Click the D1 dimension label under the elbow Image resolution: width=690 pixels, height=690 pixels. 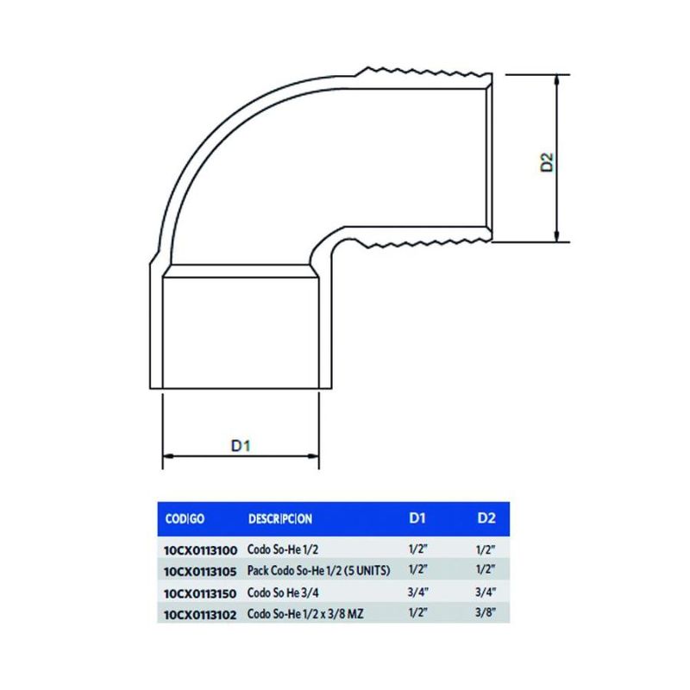[x=241, y=445]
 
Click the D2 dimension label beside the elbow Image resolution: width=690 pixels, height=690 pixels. [x=547, y=162]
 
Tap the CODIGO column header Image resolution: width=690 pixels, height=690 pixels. [x=185, y=519]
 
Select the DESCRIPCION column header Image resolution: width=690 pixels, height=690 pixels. [x=280, y=519]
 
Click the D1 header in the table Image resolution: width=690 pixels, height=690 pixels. [x=417, y=518]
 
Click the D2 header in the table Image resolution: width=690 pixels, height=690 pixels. [x=486, y=518]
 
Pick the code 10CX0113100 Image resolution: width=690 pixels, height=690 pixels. [x=201, y=550]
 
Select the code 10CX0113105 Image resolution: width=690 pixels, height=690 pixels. [x=200, y=572]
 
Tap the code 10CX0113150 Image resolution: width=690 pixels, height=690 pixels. [x=200, y=593]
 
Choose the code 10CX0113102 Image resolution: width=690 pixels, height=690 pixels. [x=200, y=615]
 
